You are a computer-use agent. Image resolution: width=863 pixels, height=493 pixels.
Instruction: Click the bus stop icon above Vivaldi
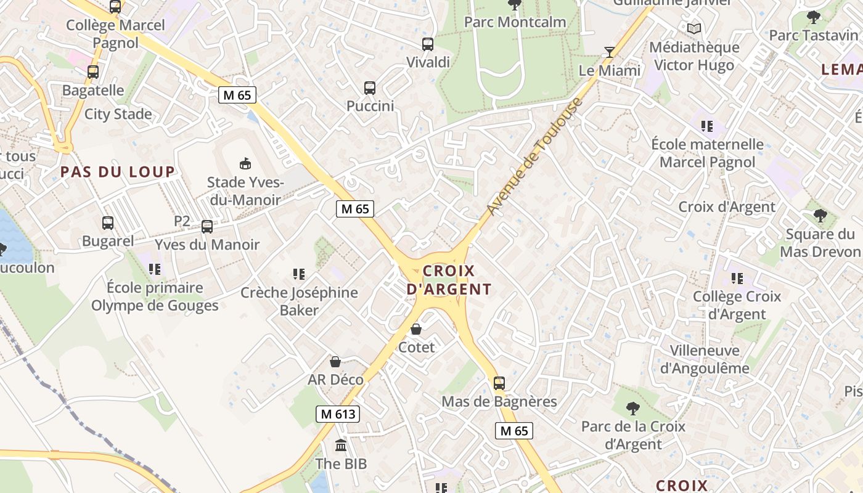427,44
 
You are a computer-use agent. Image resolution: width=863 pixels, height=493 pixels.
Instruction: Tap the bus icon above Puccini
370,88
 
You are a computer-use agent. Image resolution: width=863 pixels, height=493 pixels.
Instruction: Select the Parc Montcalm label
515,22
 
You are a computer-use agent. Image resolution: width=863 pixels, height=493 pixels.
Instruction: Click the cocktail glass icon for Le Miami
610,52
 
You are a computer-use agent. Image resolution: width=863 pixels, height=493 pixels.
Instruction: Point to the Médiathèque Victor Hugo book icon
694,28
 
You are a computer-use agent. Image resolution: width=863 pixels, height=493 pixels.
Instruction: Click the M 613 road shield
338,414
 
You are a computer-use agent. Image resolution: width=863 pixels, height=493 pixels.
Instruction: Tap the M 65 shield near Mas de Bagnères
514,431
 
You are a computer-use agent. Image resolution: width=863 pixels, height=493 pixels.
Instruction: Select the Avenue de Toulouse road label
534,157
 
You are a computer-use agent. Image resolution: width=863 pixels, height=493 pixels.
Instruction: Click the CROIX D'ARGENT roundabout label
449,280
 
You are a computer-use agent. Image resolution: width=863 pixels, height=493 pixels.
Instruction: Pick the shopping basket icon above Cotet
416,330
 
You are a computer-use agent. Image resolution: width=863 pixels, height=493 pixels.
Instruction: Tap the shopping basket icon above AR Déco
335,362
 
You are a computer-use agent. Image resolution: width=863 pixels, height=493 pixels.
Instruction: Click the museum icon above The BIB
341,445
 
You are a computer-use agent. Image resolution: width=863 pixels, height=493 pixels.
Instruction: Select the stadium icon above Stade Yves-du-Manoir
245,163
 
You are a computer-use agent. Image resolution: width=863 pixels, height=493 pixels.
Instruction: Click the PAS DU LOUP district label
118,172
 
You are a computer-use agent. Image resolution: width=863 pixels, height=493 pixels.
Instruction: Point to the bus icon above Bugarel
108,223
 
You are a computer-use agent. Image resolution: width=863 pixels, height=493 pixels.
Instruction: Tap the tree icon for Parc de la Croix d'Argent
632,408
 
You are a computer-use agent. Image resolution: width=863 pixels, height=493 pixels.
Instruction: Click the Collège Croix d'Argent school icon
737,279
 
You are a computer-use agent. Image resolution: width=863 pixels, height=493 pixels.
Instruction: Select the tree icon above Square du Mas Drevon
820,216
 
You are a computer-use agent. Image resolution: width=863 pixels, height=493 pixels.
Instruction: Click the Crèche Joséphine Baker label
299,301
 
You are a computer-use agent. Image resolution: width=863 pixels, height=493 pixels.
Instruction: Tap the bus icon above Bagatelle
93,72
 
